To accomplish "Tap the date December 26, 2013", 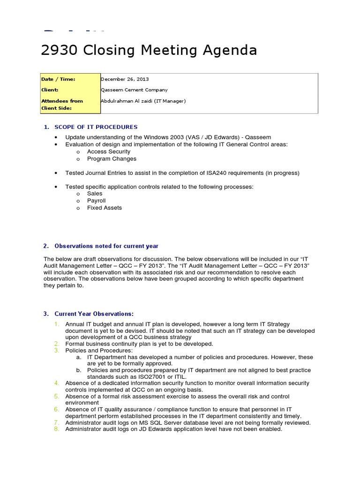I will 125,79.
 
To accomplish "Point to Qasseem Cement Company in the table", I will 134,90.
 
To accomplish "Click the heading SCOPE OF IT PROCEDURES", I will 96,127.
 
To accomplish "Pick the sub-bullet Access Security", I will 109,151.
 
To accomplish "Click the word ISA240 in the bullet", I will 217,173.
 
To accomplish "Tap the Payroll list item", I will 97,201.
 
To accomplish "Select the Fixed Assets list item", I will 105,208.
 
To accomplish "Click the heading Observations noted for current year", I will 106,246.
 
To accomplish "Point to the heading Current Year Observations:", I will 94,314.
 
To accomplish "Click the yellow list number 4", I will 56,383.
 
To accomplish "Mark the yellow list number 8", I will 56,428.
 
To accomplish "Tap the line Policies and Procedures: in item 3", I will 99,350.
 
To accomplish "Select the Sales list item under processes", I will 95,194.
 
